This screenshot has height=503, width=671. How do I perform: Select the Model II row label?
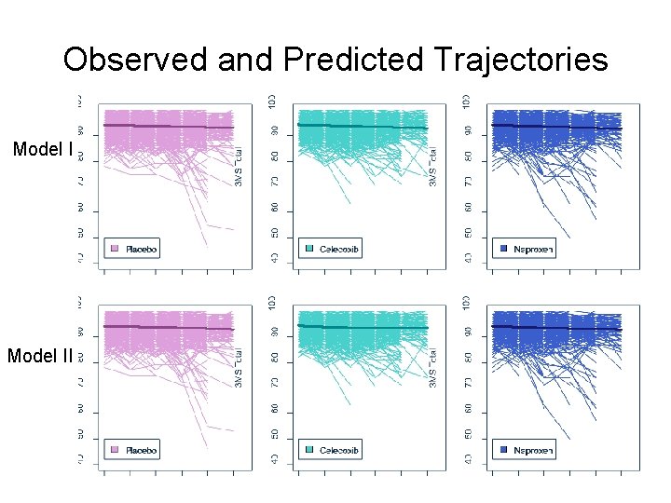[40, 355]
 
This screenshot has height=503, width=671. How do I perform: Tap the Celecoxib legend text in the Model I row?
[339, 249]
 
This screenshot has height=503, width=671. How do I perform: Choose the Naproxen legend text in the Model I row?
[534, 249]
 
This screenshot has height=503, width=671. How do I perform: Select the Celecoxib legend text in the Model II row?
[339, 450]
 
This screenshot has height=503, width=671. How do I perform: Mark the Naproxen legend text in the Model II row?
[534, 450]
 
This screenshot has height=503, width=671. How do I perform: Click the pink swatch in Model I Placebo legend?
[116, 249]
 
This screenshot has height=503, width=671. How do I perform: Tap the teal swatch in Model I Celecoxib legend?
[308, 249]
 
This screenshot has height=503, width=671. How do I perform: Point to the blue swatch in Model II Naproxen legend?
[503, 450]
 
